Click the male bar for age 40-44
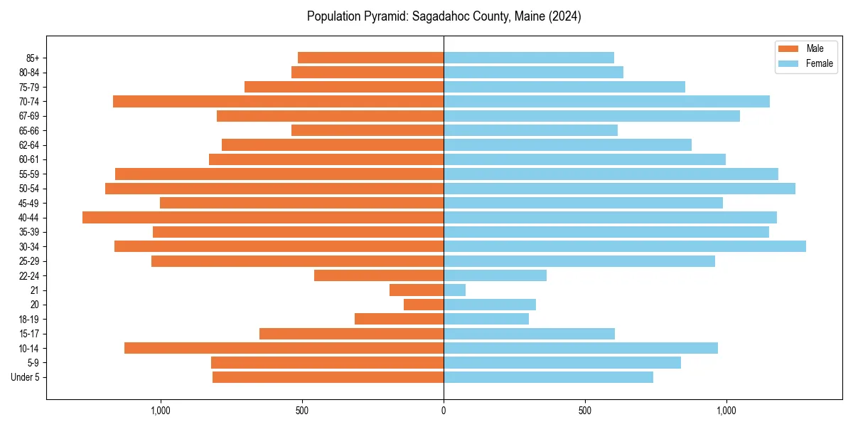[263, 218]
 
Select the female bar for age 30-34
[624, 246]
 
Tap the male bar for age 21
[417, 290]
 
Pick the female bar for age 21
[455, 290]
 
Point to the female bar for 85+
[528, 58]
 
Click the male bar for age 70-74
[278, 102]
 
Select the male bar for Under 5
[328, 377]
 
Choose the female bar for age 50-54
[619, 189]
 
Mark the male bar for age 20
[424, 305]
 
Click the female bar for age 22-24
[495, 275]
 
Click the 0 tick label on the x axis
[444, 411]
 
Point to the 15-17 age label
[28, 334]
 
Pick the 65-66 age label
[28, 131]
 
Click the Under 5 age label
[26, 377]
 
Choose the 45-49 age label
[28, 204]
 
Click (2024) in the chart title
[565, 16]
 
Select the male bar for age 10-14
[284, 348]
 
